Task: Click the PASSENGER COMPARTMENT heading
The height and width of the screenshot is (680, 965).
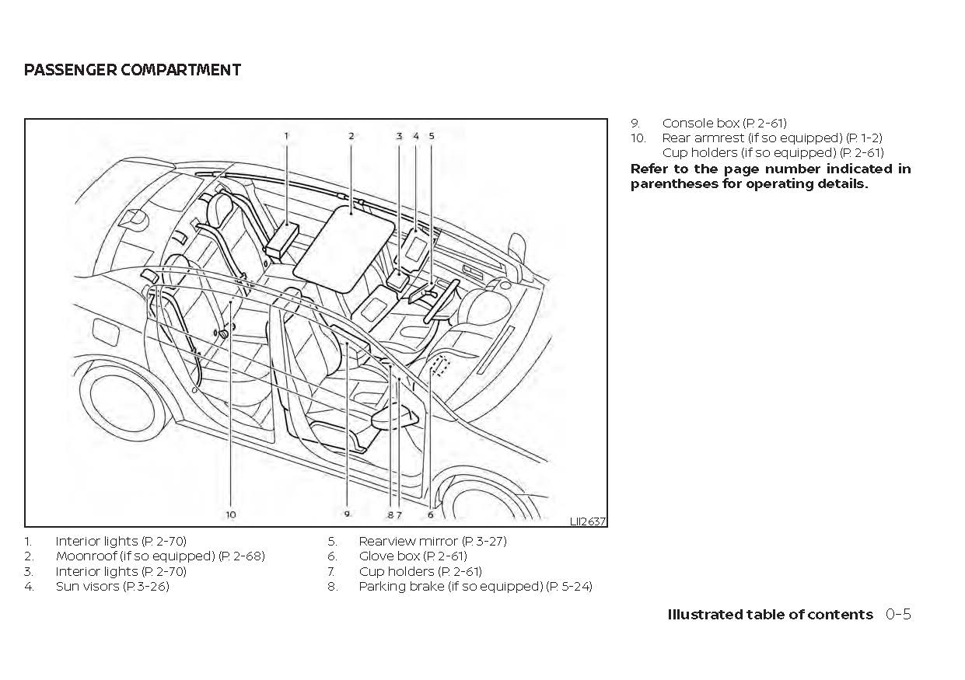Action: [x=132, y=70]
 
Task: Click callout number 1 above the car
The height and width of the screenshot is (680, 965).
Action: [x=286, y=135]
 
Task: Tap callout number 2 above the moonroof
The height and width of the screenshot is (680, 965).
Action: [x=351, y=135]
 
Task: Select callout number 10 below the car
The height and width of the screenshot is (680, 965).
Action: [x=231, y=514]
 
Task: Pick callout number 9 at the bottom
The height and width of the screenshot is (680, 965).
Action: [x=347, y=514]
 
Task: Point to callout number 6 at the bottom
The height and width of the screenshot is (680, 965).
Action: [x=430, y=514]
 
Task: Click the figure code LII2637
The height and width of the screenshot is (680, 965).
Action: [x=587, y=521]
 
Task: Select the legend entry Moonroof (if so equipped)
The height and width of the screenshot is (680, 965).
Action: [x=159, y=556]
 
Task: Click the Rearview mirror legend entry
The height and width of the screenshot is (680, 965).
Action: [x=432, y=541]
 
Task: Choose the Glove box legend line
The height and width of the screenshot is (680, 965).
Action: [x=412, y=556]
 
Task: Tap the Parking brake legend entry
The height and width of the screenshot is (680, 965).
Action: [x=474, y=587]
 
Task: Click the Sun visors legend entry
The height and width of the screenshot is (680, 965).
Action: [x=112, y=587]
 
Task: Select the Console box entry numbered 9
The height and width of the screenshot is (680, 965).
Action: [x=723, y=123]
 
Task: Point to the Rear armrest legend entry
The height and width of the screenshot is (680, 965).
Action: [x=771, y=138]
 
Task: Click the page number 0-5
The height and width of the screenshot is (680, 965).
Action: [x=897, y=615]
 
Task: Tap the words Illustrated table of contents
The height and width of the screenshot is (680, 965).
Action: [x=770, y=615]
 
